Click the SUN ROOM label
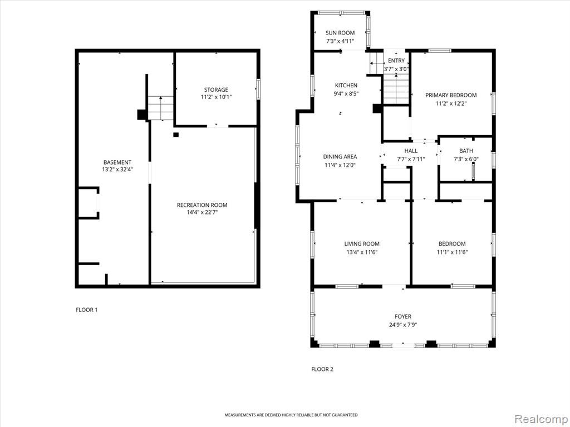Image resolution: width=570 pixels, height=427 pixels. (x=340, y=33)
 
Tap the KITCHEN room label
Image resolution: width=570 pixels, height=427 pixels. (x=346, y=85)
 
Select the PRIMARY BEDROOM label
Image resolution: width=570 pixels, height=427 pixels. (x=451, y=95)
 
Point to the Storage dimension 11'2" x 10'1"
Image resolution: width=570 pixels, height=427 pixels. (x=216, y=97)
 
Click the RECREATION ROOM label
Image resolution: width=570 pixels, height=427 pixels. (x=202, y=205)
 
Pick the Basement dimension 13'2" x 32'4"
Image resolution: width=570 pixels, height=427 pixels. (x=117, y=169)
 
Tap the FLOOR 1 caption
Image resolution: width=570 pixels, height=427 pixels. (x=86, y=310)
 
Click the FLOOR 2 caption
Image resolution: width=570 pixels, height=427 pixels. (x=322, y=369)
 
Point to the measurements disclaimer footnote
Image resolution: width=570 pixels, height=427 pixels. (x=291, y=415)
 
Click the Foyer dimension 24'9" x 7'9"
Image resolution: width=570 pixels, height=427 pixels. (x=403, y=325)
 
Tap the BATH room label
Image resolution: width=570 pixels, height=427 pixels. (x=466, y=151)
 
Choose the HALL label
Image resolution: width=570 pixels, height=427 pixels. (x=411, y=151)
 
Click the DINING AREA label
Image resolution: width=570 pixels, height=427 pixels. (x=340, y=156)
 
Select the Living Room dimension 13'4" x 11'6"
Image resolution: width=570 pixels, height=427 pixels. (x=362, y=252)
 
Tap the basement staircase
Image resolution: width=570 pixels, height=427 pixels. (x=160, y=108)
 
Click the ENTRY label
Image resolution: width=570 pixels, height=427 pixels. (x=396, y=61)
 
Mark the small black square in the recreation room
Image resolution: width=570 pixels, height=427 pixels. (x=176, y=135)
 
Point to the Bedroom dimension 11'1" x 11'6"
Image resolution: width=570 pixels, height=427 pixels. (x=452, y=252)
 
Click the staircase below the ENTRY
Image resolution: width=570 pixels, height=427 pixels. (x=396, y=89)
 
